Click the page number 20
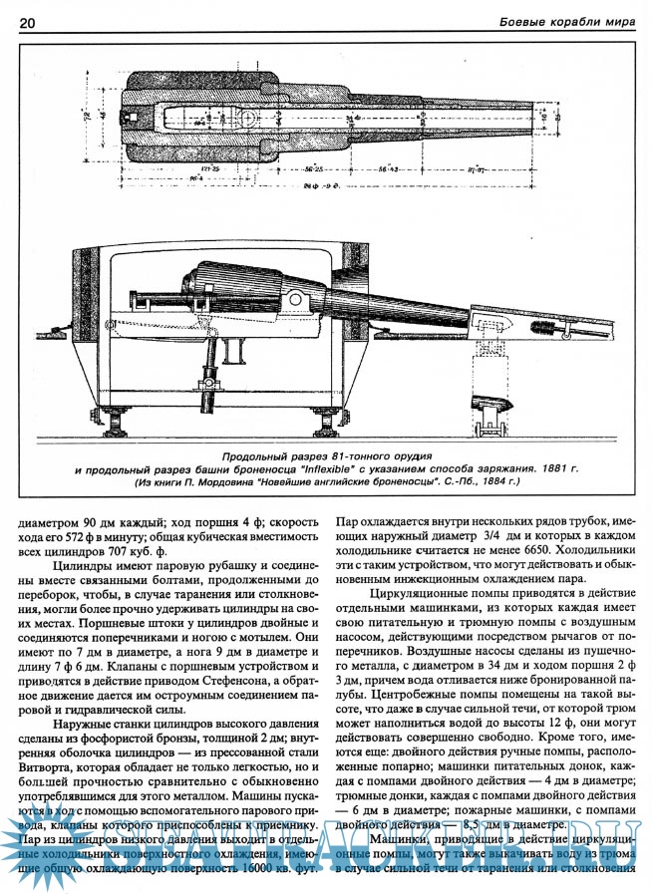(27, 22)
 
